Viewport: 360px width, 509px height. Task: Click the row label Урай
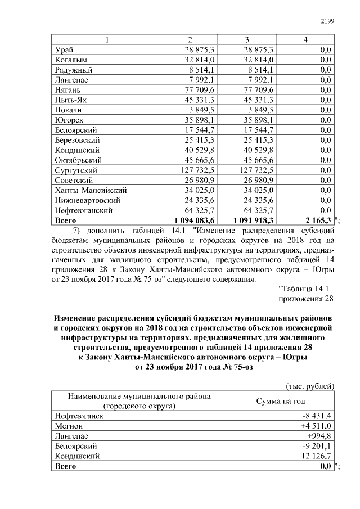[x=65, y=50]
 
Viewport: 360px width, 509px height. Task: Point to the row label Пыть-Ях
[x=72, y=100]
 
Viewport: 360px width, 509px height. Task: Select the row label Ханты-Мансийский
[x=91, y=190]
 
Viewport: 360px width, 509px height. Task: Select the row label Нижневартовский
[x=87, y=200]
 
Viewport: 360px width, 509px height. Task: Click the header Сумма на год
[x=281, y=401]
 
